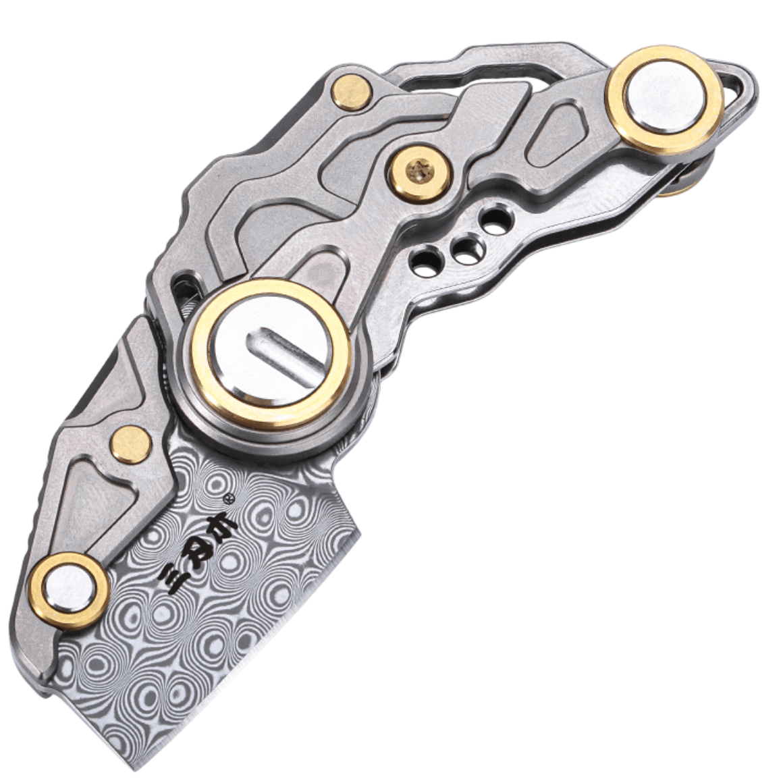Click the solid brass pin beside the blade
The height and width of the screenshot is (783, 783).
[130, 443]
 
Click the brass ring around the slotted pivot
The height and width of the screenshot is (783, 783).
[202, 364]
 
